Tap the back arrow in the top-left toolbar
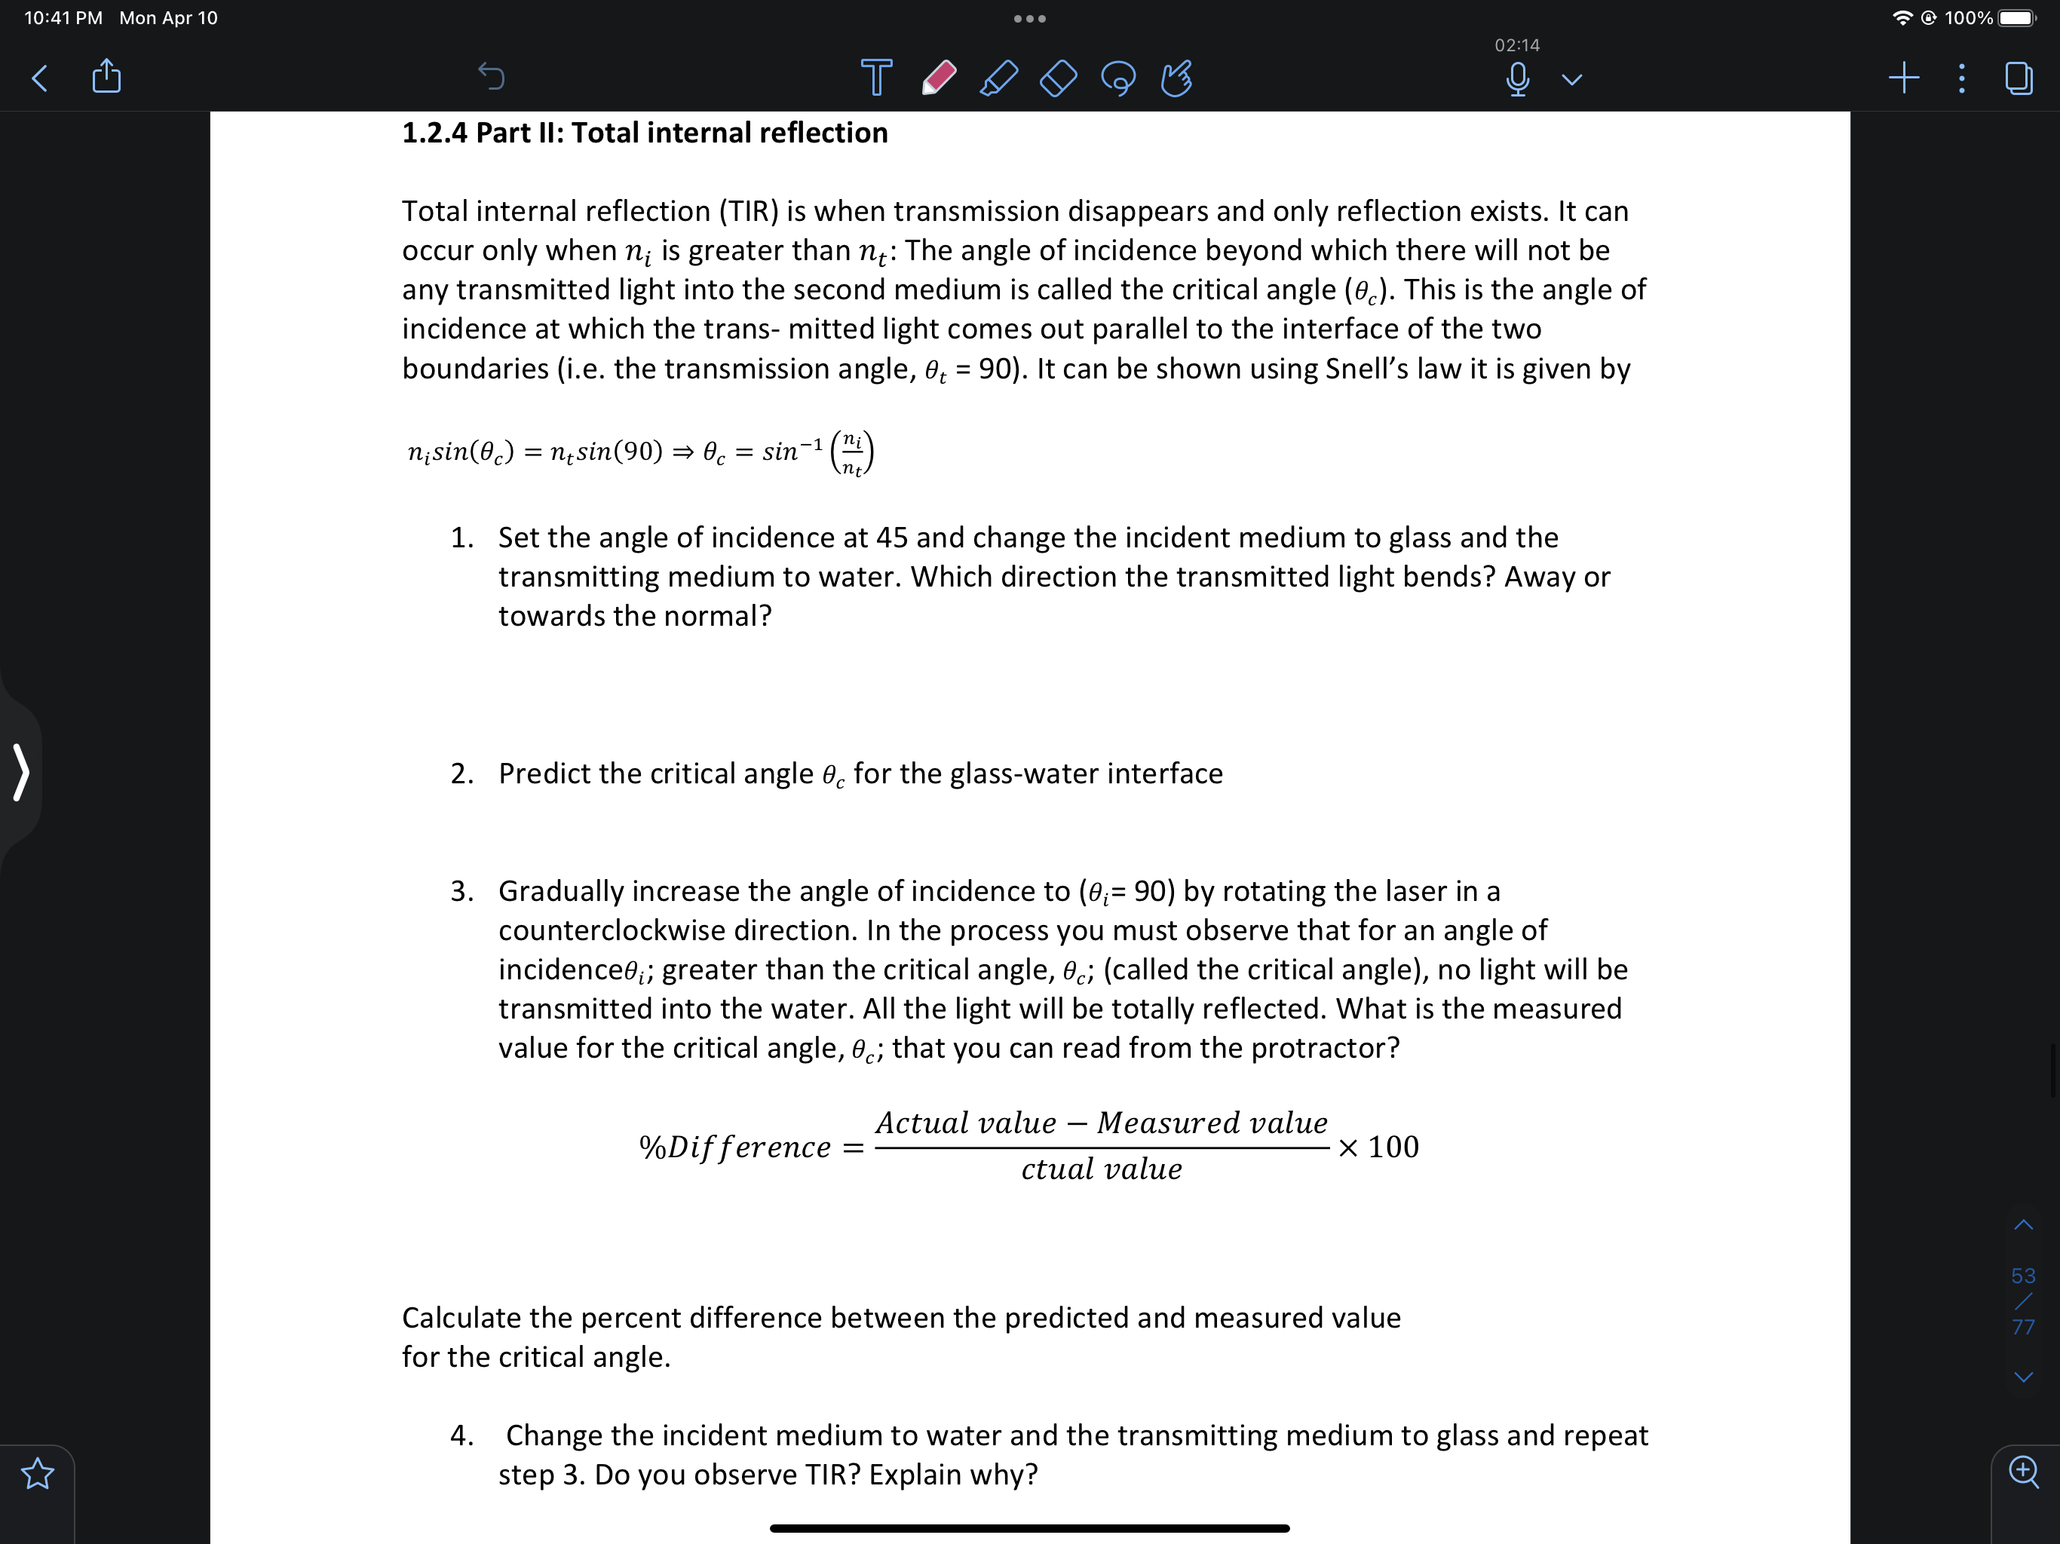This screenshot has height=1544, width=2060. click(x=39, y=78)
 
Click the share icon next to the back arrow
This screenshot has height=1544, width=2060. click(x=107, y=76)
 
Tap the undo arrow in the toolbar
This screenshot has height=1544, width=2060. click(x=491, y=76)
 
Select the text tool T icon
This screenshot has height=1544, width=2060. click(x=875, y=78)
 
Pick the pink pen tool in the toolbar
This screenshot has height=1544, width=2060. click(x=939, y=78)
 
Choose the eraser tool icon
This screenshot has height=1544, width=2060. click(x=1058, y=78)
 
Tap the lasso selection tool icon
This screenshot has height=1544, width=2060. click(x=1117, y=78)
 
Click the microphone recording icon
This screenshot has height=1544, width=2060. click(x=1517, y=79)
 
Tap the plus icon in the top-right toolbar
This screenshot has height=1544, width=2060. click(x=1904, y=78)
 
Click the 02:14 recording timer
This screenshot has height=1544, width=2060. click(x=1517, y=44)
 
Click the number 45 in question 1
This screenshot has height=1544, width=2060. click(x=891, y=538)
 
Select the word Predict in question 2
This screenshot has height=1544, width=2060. click(x=544, y=774)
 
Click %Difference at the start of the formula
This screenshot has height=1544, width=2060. click(x=734, y=1147)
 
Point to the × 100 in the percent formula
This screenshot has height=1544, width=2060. click(x=1378, y=1147)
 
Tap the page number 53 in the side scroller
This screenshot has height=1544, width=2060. click(x=2023, y=1276)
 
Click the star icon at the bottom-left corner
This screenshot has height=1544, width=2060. click(x=37, y=1474)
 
